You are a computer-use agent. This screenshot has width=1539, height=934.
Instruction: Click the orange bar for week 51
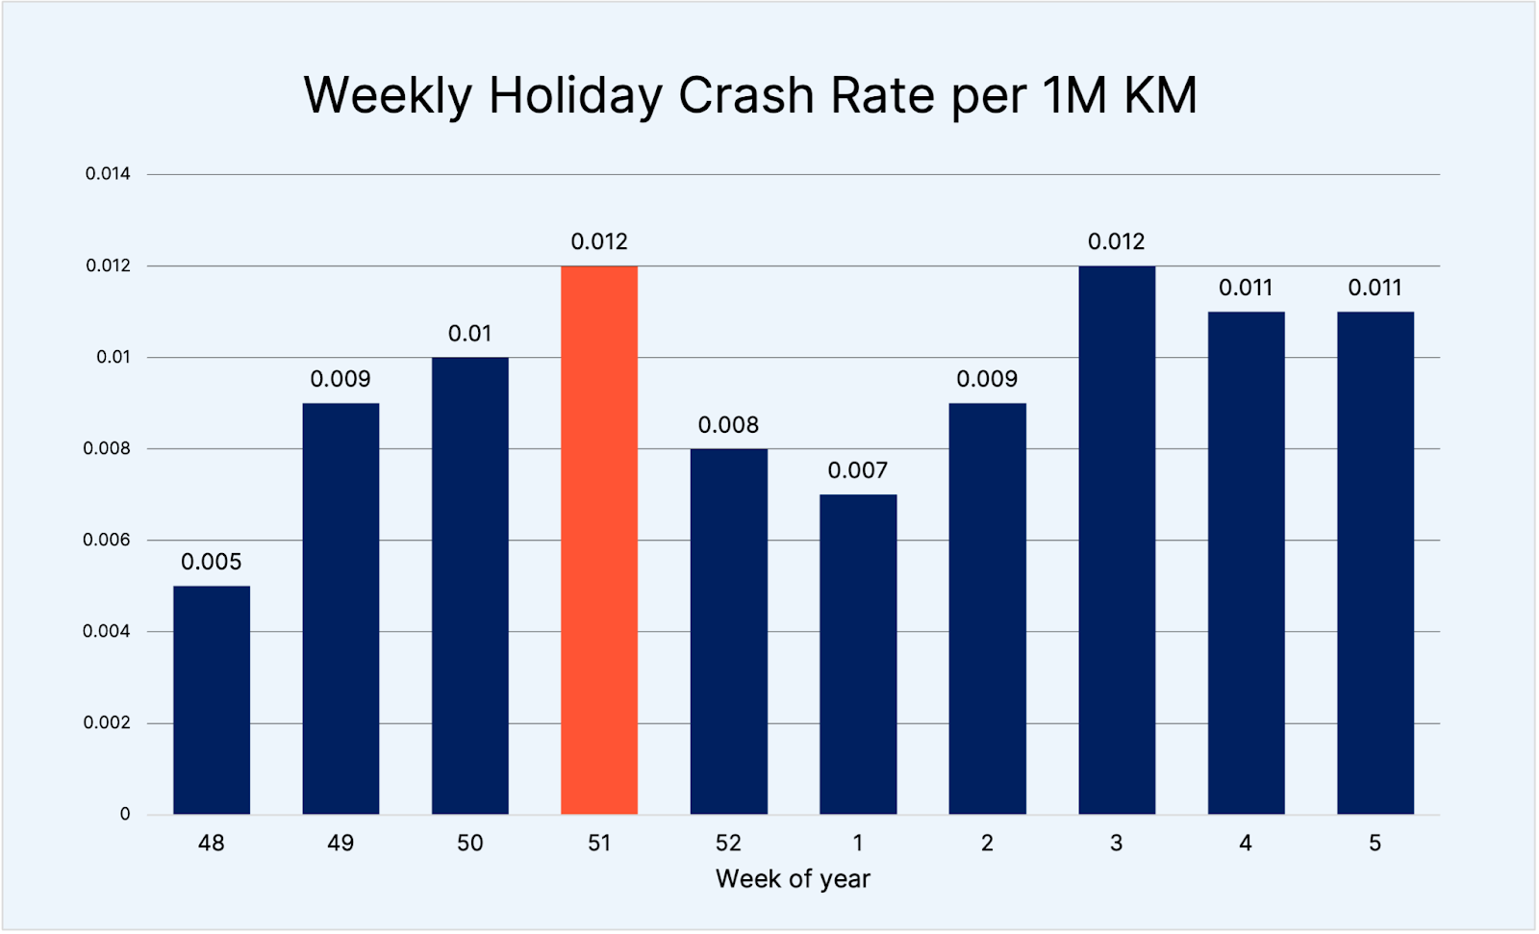[599, 539]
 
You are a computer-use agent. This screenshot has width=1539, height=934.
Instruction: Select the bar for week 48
[212, 699]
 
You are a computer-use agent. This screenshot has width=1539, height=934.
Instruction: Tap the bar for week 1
[858, 654]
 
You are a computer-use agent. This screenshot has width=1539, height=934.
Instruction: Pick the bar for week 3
[1117, 539]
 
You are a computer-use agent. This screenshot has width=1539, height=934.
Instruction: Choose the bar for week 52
[728, 631]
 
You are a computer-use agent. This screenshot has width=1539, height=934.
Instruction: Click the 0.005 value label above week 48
[212, 562]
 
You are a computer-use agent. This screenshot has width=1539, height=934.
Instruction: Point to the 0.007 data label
[858, 470]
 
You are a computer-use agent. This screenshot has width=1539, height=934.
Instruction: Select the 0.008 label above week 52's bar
[728, 425]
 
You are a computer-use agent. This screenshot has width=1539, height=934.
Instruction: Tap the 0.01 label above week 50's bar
[469, 334]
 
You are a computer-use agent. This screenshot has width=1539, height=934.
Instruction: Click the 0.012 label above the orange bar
[599, 242]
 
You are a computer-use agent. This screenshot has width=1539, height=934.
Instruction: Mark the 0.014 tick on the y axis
[108, 174]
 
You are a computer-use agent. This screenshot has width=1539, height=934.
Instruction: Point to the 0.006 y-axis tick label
[107, 540]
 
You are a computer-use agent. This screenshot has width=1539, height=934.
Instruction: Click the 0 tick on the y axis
[125, 814]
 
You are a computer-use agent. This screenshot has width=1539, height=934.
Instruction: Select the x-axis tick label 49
[341, 844]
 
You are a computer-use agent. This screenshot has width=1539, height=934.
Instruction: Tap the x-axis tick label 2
[987, 844]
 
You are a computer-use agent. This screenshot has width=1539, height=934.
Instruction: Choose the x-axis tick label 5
[1375, 844]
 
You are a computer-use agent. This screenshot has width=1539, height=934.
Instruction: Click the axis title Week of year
[793, 879]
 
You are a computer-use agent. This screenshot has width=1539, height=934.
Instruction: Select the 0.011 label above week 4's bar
[1246, 288]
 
